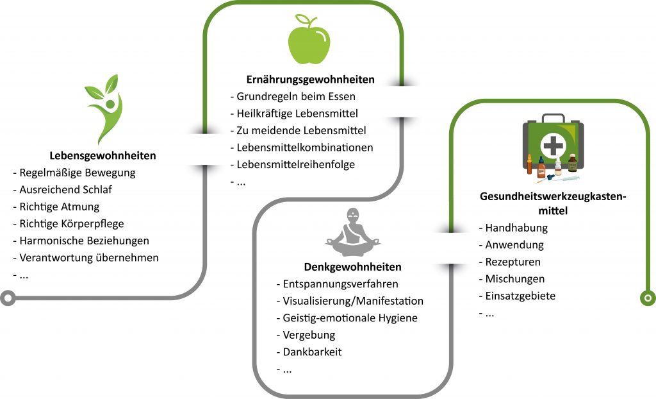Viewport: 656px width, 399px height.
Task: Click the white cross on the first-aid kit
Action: (x=553, y=146)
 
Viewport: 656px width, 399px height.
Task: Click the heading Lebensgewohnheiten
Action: (x=102, y=156)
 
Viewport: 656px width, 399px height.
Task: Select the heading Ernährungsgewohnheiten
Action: (x=310, y=80)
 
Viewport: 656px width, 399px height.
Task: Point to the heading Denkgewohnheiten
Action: (x=353, y=267)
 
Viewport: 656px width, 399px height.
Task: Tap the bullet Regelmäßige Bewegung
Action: (x=78, y=173)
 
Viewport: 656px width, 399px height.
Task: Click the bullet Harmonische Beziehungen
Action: (x=84, y=241)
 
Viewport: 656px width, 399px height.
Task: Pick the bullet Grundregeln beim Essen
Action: (x=296, y=97)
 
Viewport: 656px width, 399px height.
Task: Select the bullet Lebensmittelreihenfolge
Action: (x=295, y=165)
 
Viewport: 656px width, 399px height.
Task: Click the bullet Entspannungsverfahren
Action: (x=341, y=284)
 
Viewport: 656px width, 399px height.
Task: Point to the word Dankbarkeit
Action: (x=312, y=352)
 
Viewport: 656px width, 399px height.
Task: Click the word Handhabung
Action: (x=516, y=228)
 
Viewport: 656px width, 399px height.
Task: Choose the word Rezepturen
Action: (x=513, y=262)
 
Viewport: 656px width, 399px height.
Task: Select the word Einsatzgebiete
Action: (x=520, y=296)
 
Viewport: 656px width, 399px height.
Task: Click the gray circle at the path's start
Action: (x=8, y=297)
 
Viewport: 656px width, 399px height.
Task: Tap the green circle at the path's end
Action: (x=648, y=298)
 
